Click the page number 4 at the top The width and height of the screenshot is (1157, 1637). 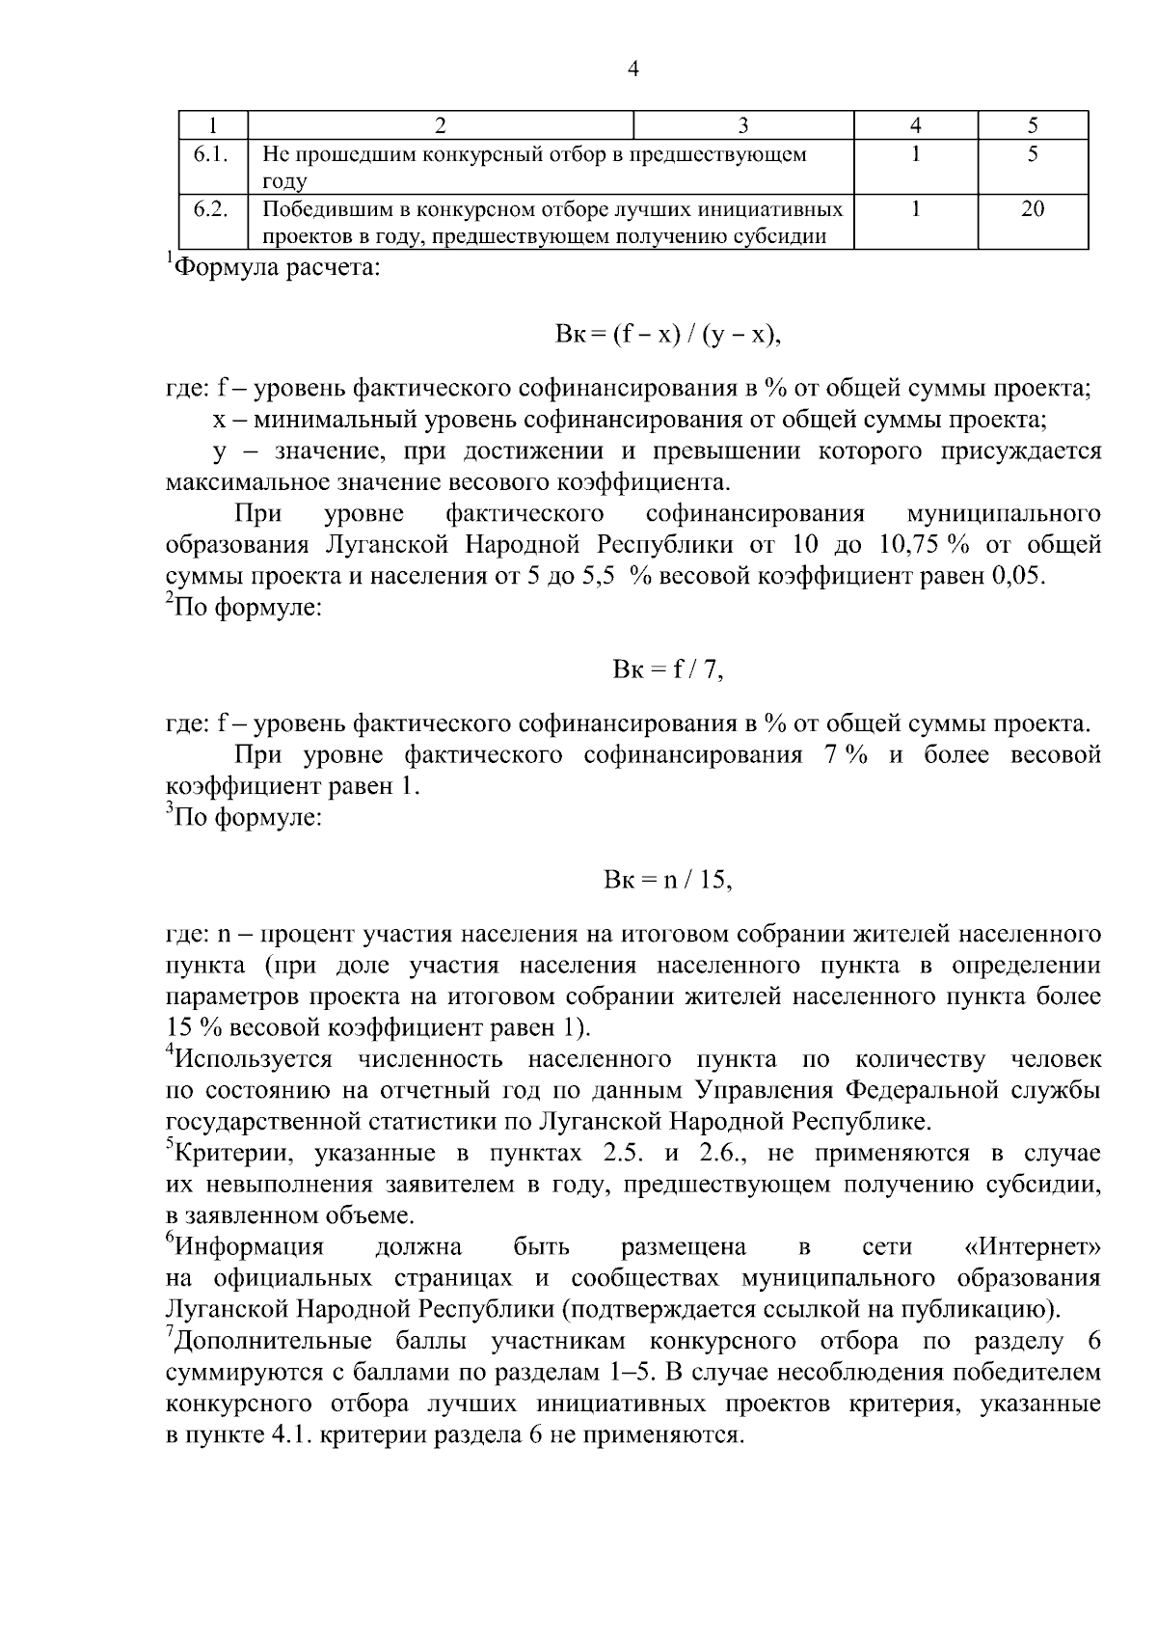pyautogui.click(x=633, y=68)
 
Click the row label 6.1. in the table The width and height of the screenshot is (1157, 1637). pyautogui.click(x=210, y=154)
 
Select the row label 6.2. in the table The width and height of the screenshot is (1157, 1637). pyautogui.click(x=210, y=209)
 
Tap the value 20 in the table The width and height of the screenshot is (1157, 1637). pyautogui.click(x=1032, y=209)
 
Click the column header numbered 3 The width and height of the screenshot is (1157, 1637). pyautogui.click(x=742, y=125)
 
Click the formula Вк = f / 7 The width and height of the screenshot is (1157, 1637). pyautogui.click(x=667, y=668)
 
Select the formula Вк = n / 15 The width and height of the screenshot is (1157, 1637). pyautogui.click(x=667, y=880)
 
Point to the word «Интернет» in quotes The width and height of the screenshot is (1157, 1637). pyautogui.click(x=1033, y=1247)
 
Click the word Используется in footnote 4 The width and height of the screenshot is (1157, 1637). pyautogui.click(x=254, y=1060)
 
